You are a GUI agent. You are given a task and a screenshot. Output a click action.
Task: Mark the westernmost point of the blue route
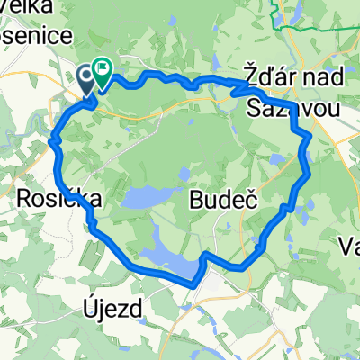pos(53,141)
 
